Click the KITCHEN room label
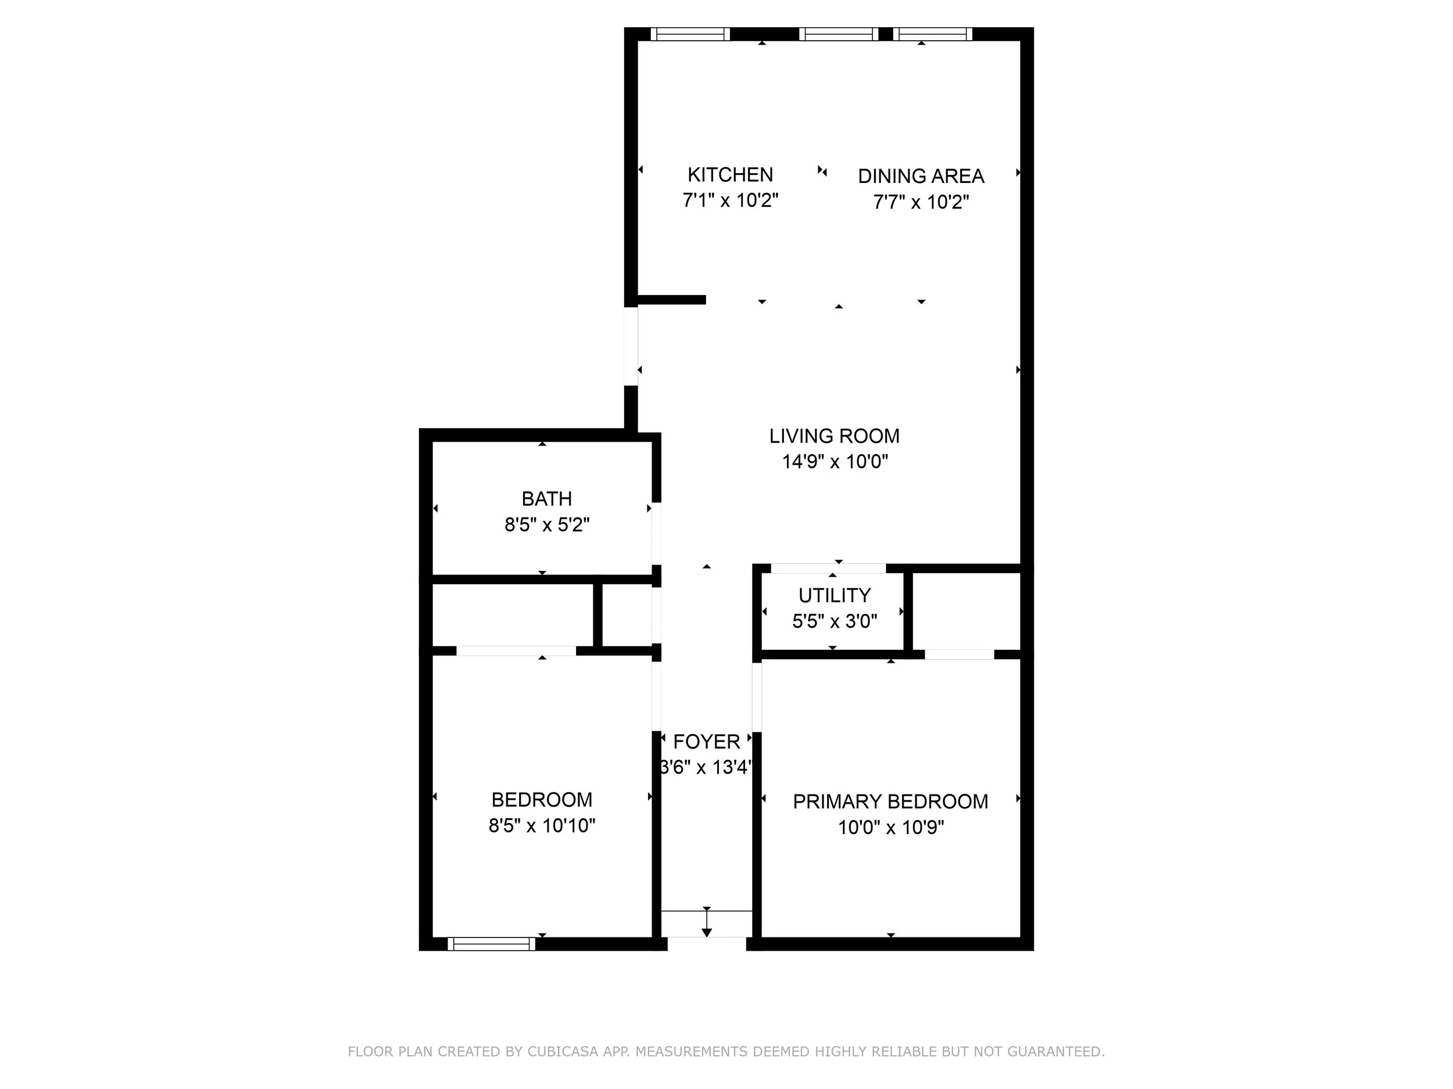point(730,175)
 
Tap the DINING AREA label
point(921,176)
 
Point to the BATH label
point(546,499)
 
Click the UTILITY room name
point(834,595)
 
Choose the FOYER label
point(707,742)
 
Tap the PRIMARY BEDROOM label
point(890,802)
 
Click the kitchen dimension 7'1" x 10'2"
point(731,200)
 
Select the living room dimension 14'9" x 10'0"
point(835,462)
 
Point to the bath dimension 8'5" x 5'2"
point(547,525)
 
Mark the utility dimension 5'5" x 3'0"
point(834,621)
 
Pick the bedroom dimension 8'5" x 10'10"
point(542,825)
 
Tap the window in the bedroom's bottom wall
point(491,944)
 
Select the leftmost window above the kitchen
point(690,34)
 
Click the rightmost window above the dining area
point(932,34)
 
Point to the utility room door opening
point(828,569)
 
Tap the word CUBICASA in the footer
point(562,1052)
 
